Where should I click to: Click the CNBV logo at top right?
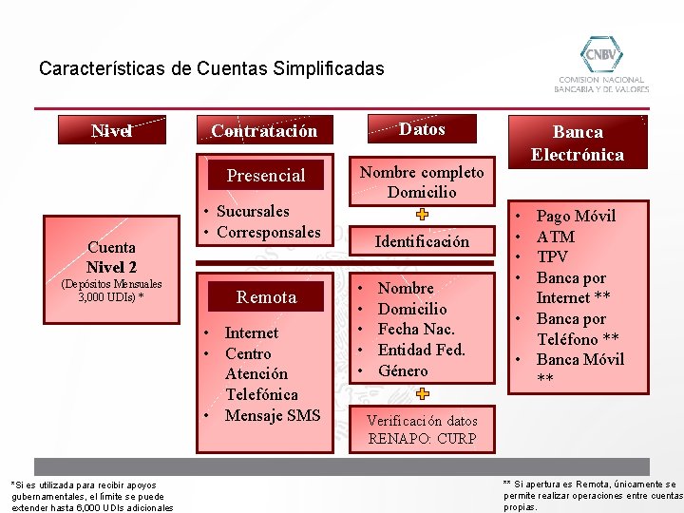click(601, 63)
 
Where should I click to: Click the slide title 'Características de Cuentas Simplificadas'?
click(211, 68)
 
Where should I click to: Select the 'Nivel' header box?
click(111, 130)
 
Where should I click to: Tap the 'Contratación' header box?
click(264, 130)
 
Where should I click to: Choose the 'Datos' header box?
click(422, 129)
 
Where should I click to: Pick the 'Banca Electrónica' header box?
click(577, 142)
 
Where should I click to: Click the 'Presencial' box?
click(266, 175)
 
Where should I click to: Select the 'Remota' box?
click(266, 297)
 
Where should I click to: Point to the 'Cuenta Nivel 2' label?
click(111, 256)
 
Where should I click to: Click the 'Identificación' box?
click(422, 241)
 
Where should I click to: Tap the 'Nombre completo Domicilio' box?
click(422, 181)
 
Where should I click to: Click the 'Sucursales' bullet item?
click(253, 211)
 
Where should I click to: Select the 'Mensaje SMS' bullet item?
click(272, 415)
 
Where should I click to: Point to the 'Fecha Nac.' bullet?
click(416, 329)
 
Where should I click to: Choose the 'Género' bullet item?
click(403, 370)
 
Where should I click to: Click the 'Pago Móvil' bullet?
click(576, 216)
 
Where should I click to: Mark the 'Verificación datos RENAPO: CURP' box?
click(422, 429)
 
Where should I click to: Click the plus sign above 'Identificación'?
click(422, 215)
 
